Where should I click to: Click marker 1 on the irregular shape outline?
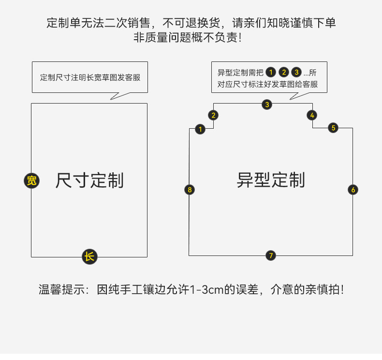[x=200, y=129]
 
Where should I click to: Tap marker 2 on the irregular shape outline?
[x=213, y=115]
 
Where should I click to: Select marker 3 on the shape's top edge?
[x=267, y=104]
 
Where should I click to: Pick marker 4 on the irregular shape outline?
[x=312, y=115]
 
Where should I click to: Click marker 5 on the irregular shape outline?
[x=333, y=128]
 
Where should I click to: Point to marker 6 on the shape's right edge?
[x=353, y=190]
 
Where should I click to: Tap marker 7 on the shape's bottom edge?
[x=270, y=255]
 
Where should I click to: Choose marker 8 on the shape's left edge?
[x=190, y=190]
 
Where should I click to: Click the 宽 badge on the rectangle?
[x=31, y=181]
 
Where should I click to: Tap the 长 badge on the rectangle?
[x=89, y=256]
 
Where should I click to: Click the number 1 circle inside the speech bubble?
[x=271, y=73]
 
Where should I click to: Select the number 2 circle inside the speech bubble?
[x=284, y=73]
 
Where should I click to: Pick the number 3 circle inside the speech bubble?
[x=296, y=73]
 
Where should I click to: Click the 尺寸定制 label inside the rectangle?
[x=89, y=180]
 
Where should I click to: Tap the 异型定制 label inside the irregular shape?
[x=271, y=180]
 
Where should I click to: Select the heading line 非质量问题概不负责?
[x=187, y=37]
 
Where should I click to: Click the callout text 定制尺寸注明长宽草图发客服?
[x=90, y=77]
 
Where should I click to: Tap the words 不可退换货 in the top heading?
[x=192, y=23]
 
